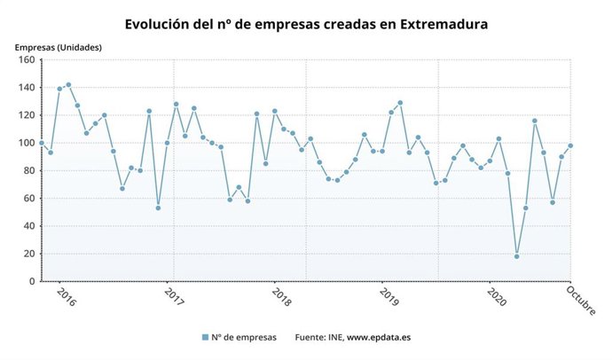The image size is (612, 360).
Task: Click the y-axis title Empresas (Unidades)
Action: [x=58, y=46]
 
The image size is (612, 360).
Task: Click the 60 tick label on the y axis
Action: [x=27, y=199]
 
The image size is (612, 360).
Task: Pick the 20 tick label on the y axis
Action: [x=27, y=254]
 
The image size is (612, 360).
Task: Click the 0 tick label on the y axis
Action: [x=30, y=281]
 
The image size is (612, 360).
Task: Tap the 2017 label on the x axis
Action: [x=175, y=296]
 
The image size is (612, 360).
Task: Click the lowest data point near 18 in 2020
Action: [x=516, y=256]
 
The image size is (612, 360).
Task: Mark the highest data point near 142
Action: [x=68, y=85]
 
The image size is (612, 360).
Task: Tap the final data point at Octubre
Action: [x=570, y=145]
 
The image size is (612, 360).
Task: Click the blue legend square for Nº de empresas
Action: [x=205, y=337]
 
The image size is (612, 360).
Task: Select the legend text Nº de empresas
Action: [x=245, y=337]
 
